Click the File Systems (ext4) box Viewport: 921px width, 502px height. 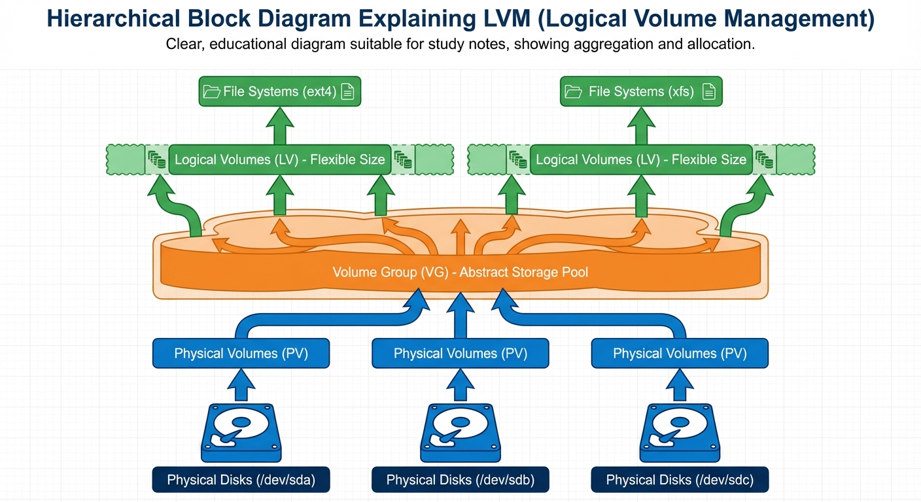279,92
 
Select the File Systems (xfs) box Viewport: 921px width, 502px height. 641,92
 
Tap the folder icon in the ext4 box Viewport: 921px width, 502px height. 211,92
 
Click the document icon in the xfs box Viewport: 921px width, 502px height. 708,92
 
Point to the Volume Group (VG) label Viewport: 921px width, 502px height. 460,272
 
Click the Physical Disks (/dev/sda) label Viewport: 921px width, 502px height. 241,480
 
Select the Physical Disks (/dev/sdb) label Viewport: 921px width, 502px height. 460,480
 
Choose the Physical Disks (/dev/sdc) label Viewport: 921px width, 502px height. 680,480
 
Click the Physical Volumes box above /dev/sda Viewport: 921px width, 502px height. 241,354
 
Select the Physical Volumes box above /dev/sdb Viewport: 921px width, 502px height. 460,354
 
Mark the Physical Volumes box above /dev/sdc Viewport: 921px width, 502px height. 680,354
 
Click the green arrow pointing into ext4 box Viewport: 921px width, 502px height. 279,125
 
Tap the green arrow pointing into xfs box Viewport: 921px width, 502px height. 641,125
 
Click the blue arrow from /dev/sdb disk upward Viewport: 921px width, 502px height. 460,386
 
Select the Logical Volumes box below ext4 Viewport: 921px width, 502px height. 279,160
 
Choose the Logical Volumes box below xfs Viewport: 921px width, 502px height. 641,160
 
